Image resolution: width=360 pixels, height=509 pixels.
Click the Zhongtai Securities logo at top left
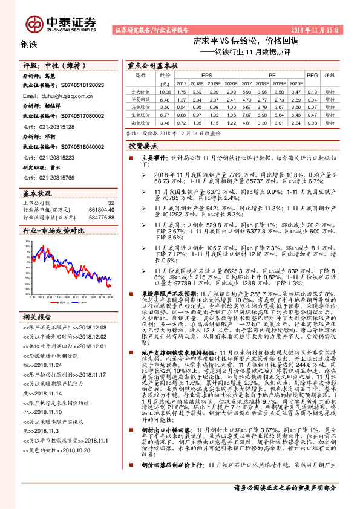[61, 24]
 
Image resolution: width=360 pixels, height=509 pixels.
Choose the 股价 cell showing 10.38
[164, 91]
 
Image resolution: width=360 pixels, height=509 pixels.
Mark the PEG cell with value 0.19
[312, 91]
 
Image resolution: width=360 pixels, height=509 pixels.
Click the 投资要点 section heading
[143, 146]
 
